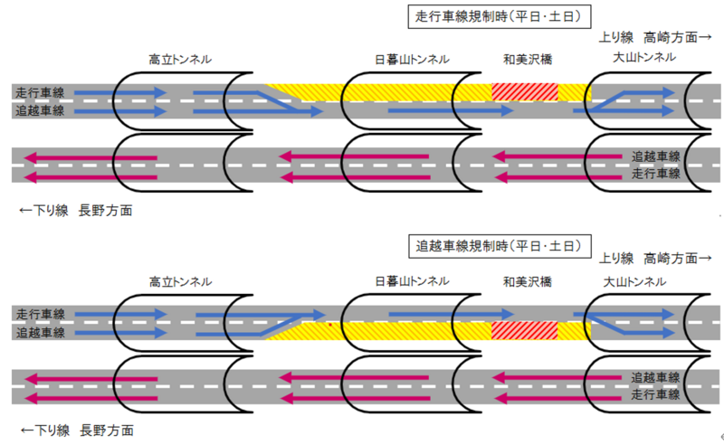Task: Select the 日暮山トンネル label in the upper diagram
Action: click(412, 60)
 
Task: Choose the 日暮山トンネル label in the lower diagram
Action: click(412, 281)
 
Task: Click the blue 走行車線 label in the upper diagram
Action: click(40, 93)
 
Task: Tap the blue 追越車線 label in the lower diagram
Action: click(40, 332)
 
